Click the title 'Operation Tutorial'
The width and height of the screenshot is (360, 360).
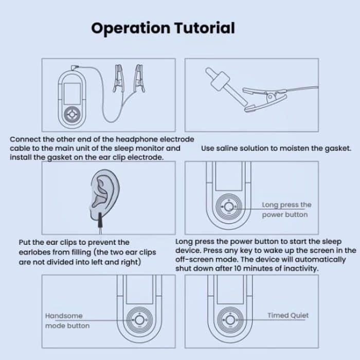(163, 27)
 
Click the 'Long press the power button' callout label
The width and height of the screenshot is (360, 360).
(286, 209)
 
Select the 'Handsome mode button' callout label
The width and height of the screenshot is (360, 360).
(67, 320)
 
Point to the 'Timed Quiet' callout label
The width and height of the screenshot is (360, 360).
(288, 315)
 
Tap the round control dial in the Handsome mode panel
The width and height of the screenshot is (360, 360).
(138, 319)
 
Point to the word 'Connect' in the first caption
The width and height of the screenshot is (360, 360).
(25, 139)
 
